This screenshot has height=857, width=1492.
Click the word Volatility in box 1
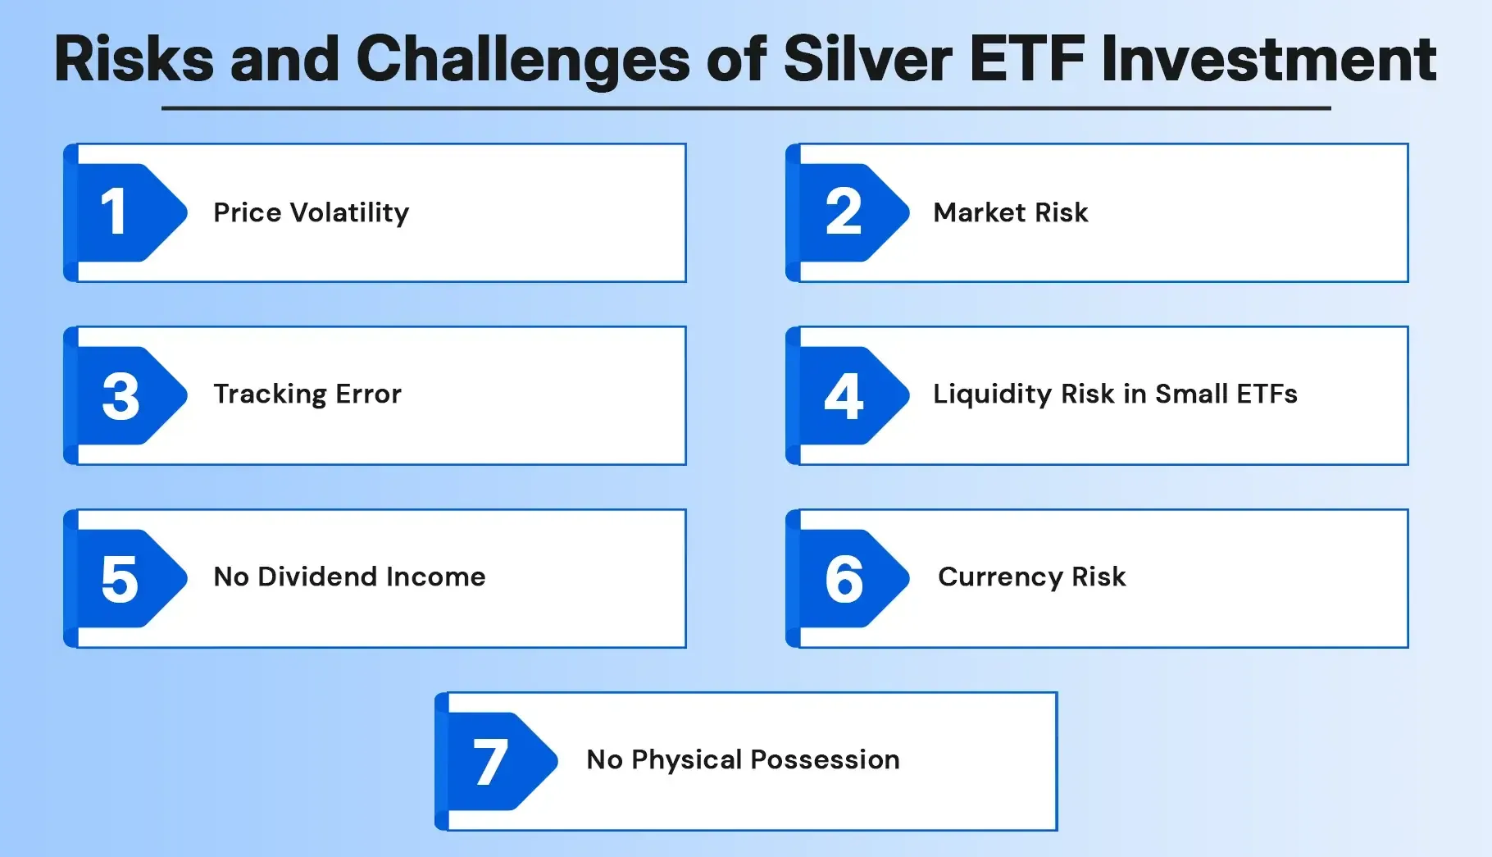(349, 213)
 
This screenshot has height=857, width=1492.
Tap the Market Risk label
(1010, 213)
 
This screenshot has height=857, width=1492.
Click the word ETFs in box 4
(1267, 394)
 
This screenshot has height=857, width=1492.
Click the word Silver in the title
(867, 59)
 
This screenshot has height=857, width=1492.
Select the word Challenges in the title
(522, 59)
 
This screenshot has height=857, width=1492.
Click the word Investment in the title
(1268, 59)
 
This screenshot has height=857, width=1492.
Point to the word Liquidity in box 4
(992, 394)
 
